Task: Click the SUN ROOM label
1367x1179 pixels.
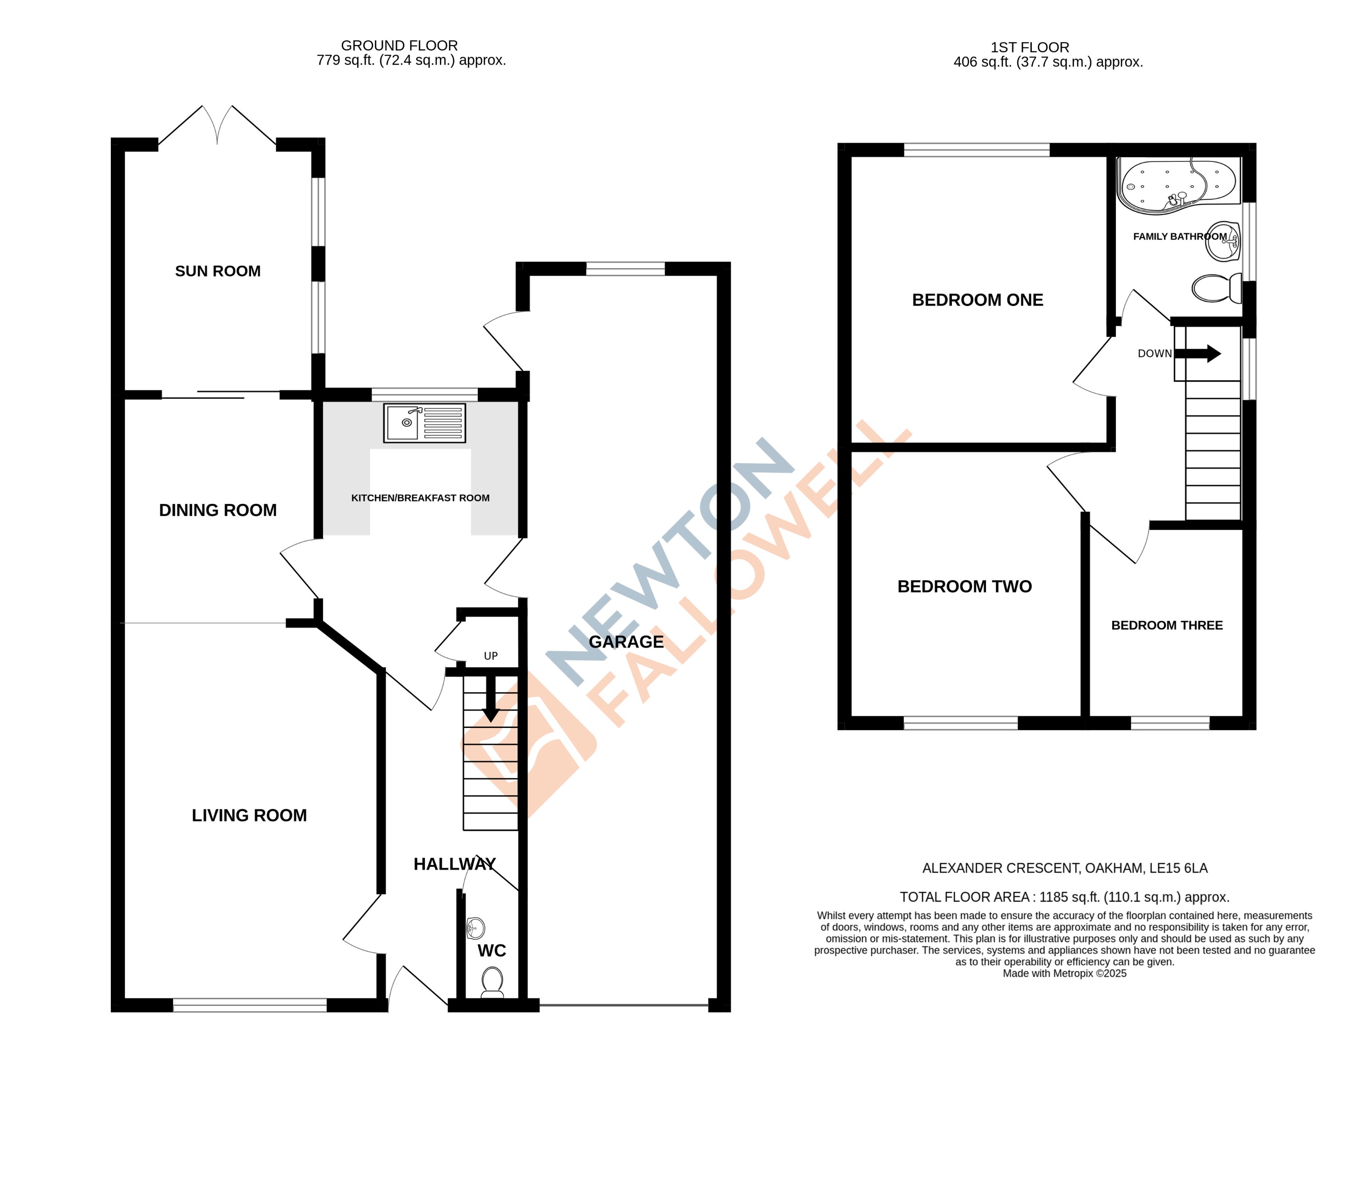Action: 218,271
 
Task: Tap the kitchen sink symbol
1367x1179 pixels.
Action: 424,423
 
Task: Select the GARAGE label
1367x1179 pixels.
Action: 626,641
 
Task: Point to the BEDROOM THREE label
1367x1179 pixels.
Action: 1166,625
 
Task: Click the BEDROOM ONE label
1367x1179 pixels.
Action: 977,300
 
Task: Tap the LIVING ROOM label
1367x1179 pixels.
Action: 249,815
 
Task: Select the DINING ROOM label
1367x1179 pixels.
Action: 218,510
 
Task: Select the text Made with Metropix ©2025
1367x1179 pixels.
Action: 1064,973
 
